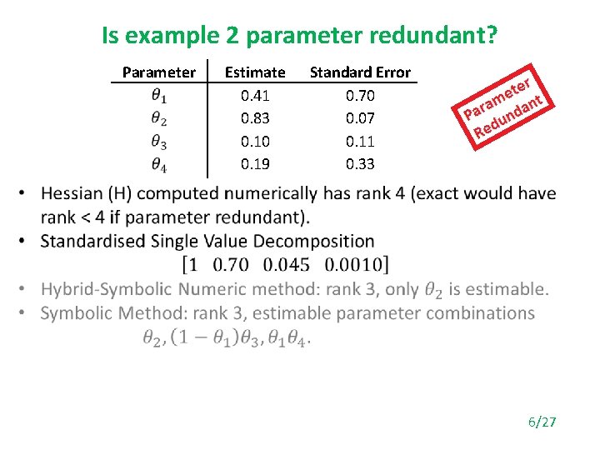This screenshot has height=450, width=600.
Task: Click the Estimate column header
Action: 255,72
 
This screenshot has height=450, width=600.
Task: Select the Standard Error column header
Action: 360,72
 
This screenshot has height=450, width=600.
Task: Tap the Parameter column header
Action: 158,72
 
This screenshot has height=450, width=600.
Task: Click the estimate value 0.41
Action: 255,95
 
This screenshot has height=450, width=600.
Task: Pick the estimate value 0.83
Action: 255,118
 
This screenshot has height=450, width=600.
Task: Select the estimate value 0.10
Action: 255,142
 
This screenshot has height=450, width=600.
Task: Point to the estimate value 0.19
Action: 255,164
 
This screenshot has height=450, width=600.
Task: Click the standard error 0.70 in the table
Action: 360,95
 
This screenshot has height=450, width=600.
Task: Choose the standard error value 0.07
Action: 360,118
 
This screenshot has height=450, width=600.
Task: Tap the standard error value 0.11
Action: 360,142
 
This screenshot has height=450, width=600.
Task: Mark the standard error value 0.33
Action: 360,164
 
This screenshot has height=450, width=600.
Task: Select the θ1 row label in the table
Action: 158,96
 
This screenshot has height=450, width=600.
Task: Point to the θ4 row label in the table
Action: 158,165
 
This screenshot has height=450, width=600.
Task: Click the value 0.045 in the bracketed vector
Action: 286,265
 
